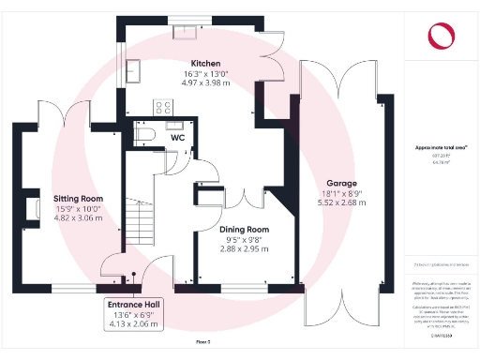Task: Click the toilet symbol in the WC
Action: click(x=142, y=136)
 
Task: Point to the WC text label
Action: click(x=177, y=139)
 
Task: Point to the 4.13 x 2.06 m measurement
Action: click(x=133, y=323)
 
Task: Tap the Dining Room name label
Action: click(x=244, y=230)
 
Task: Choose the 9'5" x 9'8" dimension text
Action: click(x=244, y=240)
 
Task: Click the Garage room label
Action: click(x=340, y=183)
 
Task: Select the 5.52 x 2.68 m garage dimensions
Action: click(x=340, y=203)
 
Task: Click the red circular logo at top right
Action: click(x=442, y=36)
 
